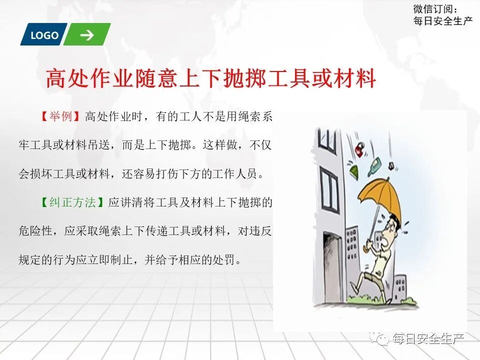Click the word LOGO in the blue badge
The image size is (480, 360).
click(44, 35)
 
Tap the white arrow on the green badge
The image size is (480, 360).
click(87, 35)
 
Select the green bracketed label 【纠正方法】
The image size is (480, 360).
click(71, 203)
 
